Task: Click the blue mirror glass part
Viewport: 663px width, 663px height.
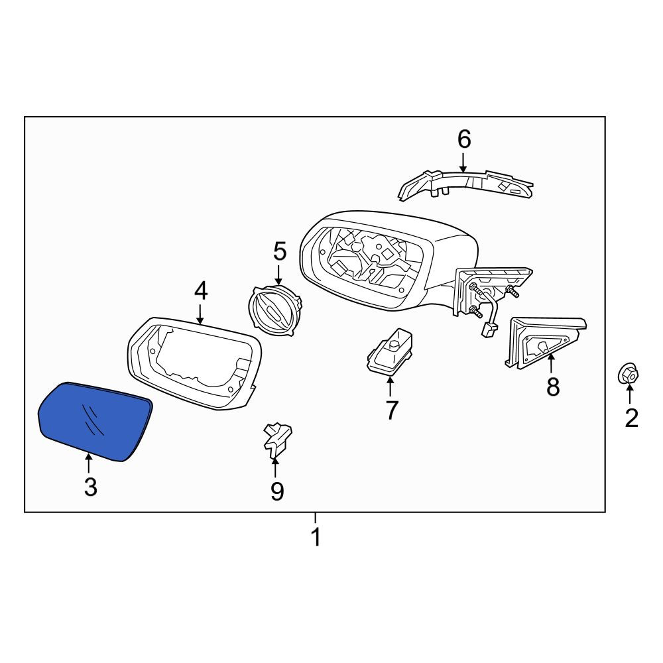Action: pyautogui.click(x=95, y=421)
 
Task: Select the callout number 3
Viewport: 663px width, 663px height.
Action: pyautogui.click(x=90, y=487)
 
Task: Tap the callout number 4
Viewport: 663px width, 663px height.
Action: pyautogui.click(x=201, y=291)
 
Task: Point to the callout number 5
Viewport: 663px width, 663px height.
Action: pyautogui.click(x=280, y=251)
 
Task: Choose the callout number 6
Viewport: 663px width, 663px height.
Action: pyautogui.click(x=464, y=139)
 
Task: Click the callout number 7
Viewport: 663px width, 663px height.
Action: pyautogui.click(x=392, y=410)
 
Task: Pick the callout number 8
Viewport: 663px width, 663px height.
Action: pyautogui.click(x=553, y=387)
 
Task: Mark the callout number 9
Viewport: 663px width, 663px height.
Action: pyautogui.click(x=276, y=491)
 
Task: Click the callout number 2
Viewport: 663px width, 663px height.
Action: pyautogui.click(x=631, y=418)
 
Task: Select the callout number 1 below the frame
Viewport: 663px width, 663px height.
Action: pyautogui.click(x=316, y=537)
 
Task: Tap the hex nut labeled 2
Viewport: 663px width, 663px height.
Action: pyautogui.click(x=628, y=373)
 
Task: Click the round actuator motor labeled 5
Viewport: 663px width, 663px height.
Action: pyautogui.click(x=275, y=305)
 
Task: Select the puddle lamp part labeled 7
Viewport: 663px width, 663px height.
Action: pyautogui.click(x=389, y=351)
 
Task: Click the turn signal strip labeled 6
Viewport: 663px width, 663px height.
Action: pyautogui.click(x=465, y=184)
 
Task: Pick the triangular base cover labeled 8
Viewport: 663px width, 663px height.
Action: pyautogui.click(x=544, y=343)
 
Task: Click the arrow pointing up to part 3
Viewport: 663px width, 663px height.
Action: pyautogui.click(x=88, y=463)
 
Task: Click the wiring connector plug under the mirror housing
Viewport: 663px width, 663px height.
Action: pyautogui.click(x=490, y=329)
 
